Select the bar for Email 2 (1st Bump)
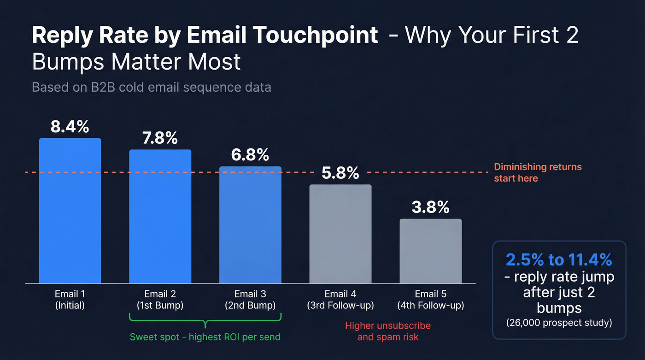point(160,216)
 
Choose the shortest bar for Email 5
point(430,251)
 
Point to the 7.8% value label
point(160,138)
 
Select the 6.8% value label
point(250,155)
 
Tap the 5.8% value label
point(340,173)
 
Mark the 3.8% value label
point(430,207)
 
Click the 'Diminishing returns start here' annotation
point(537,172)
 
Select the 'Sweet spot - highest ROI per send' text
point(205,337)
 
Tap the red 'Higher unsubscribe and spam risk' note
point(388,331)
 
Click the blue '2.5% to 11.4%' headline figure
point(559,260)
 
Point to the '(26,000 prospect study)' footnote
point(559,323)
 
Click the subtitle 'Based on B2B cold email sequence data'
point(151,87)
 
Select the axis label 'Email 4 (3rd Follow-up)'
point(340,300)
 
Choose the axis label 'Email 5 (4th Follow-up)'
point(430,300)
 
